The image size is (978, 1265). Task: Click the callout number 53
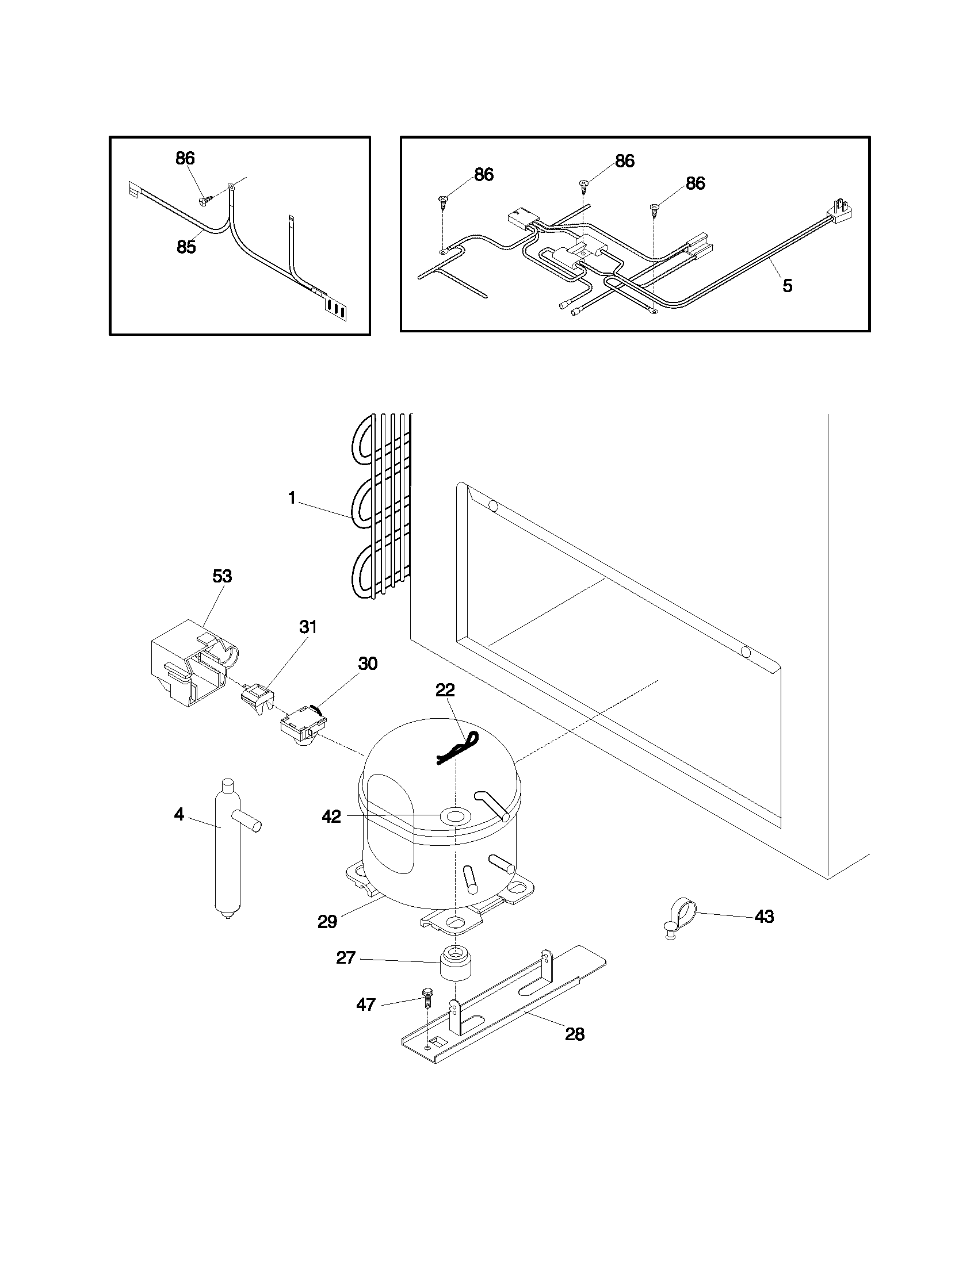tap(222, 576)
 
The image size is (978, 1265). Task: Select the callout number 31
tap(308, 627)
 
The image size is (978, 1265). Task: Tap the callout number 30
tap(368, 664)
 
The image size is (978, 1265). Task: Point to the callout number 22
tap(445, 690)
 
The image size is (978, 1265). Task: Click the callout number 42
tap(331, 816)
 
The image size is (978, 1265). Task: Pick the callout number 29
tap(327, 922)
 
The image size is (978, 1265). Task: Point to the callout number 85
tap(186, 247)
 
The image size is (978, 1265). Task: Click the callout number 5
tap(788, 286)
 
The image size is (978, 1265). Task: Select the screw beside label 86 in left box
tap(205, 200)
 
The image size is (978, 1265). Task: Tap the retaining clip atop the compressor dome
tap(457, 747)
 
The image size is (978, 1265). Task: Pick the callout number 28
tap(575, 1034)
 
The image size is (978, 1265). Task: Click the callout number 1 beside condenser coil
tap(292, 497)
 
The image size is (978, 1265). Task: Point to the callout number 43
tap(764, 917)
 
